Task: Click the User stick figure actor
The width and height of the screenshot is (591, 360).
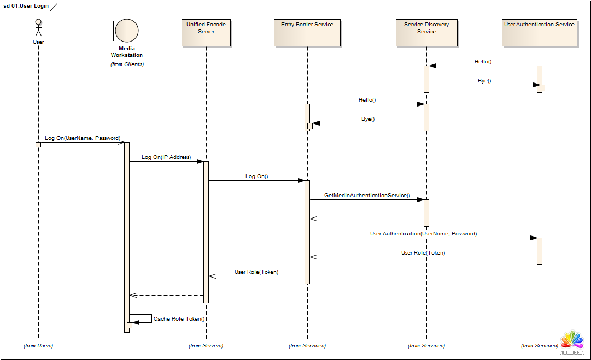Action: tap(38, 28)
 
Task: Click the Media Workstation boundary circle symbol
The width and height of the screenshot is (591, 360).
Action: tap(127, 30)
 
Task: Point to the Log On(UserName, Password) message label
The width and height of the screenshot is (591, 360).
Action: tap(83, 138)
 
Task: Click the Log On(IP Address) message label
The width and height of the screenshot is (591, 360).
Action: tap(166, 157)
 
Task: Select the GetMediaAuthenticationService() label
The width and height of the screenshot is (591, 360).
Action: tap(367, 195)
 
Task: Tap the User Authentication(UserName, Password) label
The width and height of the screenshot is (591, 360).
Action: tap(423, 234)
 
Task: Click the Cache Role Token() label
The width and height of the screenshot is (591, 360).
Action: tap(179, 318)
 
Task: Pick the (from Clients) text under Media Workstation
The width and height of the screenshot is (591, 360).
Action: tap(127, 64)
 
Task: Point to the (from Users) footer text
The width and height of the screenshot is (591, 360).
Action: tap(38, 345)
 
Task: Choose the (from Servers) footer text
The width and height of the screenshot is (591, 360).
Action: tap(206, 345)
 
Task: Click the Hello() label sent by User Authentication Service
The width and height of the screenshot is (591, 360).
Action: tap(483, 62)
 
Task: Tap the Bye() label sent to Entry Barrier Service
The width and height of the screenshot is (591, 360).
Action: tap(368, 119)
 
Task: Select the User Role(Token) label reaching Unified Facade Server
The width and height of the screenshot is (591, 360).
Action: tap(256, 272)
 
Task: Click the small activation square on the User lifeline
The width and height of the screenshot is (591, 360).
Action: tap(38, 145)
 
